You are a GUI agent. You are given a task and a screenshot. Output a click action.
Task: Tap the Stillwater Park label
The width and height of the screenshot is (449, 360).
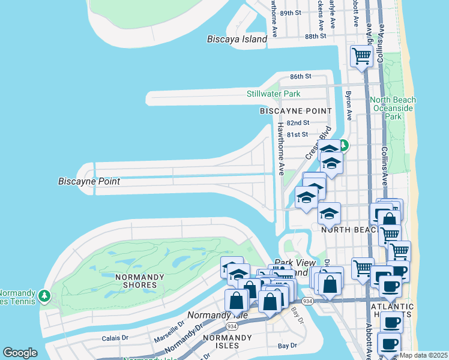[273, 94]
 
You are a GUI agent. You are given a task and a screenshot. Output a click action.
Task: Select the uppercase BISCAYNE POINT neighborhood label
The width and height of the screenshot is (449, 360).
[295, 112]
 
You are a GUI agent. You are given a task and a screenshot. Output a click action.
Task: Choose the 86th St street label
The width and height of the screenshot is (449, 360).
[301, 77]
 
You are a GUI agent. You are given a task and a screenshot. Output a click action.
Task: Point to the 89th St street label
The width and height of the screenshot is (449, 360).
[290, 13]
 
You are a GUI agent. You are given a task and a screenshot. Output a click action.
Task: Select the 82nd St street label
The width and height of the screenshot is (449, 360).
[298, 123]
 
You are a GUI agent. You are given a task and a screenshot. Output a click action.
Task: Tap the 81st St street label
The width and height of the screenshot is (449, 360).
[297, 135]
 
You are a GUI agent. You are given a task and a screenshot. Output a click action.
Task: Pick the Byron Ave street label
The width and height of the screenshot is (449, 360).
[348, 104]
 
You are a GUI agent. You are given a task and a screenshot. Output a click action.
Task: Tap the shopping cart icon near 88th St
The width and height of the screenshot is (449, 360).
[361, 56]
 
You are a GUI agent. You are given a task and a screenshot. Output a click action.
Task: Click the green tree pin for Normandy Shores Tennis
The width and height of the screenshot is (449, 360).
[44, 296]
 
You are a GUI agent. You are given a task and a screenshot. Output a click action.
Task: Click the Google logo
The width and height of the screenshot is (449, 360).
[20, 353]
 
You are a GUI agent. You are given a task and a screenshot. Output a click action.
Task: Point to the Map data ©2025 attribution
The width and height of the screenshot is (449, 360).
[423, 355]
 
